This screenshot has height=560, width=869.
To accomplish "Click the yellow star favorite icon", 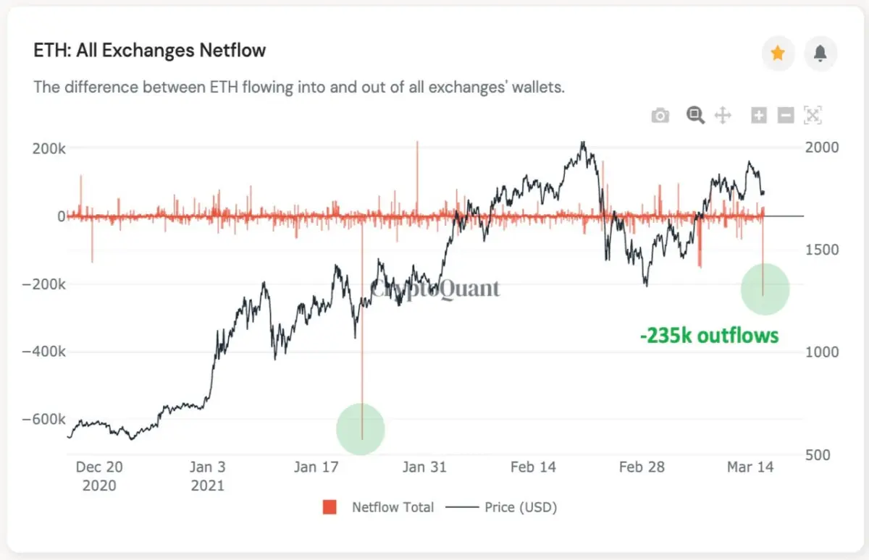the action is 778,53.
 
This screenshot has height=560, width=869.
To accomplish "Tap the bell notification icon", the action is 820,53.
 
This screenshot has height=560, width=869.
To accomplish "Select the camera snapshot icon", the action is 660,116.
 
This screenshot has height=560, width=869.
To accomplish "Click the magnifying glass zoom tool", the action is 695,115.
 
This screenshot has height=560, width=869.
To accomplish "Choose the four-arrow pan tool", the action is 723,116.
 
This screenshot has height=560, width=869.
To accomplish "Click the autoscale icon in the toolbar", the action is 813,115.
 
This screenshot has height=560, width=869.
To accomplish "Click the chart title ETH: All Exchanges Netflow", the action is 149,51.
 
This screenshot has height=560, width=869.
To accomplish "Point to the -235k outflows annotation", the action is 709,336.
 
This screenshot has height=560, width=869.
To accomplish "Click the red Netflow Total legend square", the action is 329,507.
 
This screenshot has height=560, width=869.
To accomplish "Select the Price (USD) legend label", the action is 521,507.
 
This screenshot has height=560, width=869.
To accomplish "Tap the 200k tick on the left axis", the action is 49,148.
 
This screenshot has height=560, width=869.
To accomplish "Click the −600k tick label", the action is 44,420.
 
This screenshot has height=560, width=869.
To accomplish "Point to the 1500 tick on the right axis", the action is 822,250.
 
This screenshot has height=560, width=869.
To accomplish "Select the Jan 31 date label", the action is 424,467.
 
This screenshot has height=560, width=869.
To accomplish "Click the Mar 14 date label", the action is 750,467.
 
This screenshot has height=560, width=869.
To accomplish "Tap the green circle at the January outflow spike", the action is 361,429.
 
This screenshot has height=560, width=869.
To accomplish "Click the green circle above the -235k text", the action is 765,289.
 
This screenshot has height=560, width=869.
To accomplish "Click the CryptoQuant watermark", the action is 435,289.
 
